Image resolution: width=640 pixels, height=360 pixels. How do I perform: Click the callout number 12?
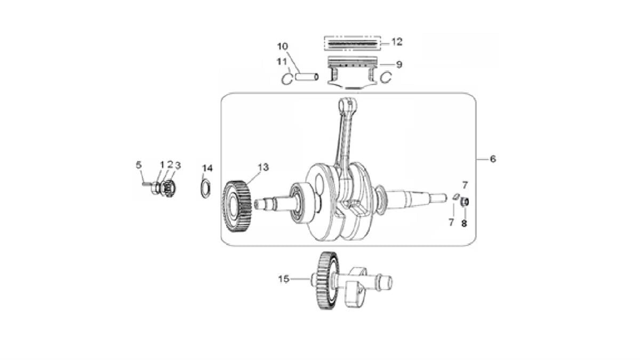click(396, 42)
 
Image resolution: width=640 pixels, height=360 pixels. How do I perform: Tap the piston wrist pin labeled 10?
click(307, 77)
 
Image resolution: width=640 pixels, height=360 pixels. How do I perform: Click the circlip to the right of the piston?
click(386, 78)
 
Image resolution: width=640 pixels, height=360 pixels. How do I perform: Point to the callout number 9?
click(399, 65)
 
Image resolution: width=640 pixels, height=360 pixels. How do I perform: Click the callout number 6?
click(493, 159)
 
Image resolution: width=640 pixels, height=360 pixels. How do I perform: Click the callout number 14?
click(207, 168)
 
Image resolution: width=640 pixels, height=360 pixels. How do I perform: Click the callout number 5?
click(139, 164)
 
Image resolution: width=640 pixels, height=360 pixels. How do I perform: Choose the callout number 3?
click(178, 165)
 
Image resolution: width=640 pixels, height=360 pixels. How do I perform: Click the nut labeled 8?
click(464, 202)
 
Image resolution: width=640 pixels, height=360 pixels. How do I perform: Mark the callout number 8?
click(464, 223)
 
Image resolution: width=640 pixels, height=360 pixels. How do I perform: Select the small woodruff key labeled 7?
click(455, 197)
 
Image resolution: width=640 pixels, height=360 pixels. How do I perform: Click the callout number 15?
click(283, 278)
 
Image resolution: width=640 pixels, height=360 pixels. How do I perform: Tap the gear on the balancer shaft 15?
click(327, 281)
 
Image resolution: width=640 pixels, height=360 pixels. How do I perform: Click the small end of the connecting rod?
click(346, 103)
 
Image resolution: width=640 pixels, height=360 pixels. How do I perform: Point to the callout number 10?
click(282, 46)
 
